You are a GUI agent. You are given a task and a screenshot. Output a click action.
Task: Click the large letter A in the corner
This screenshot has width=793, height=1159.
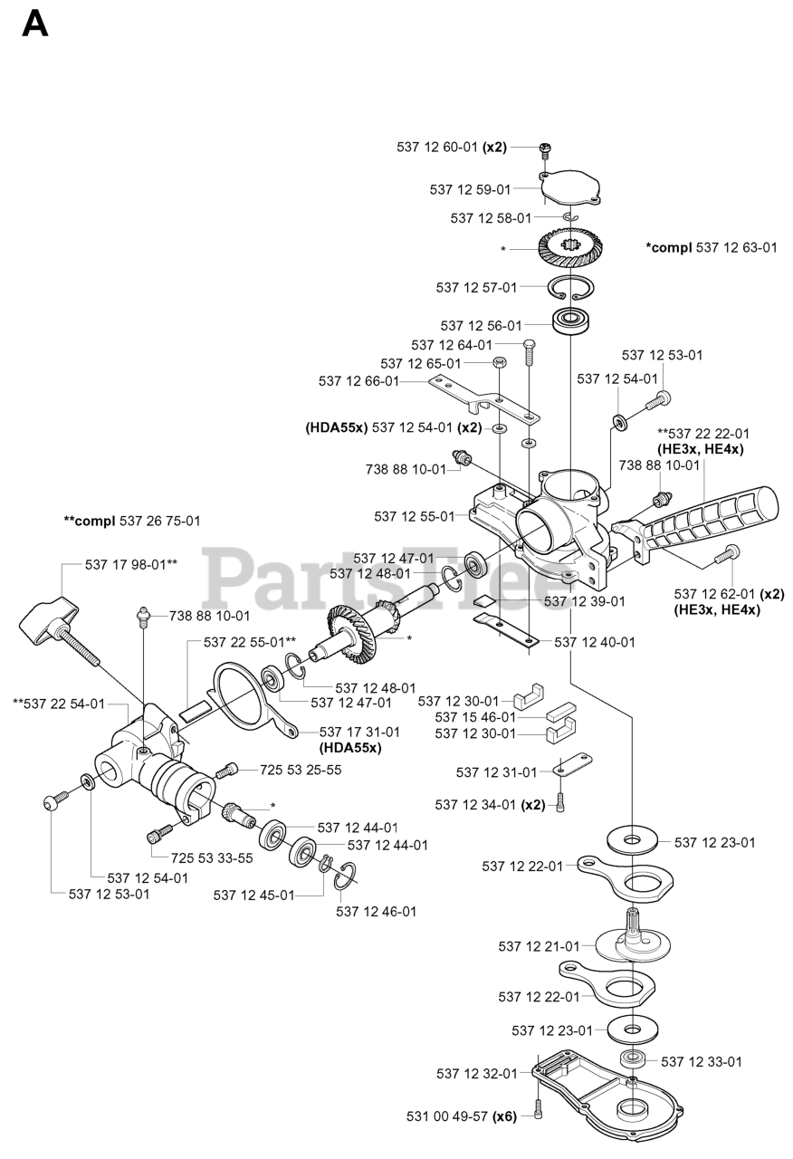(x=34, y=24)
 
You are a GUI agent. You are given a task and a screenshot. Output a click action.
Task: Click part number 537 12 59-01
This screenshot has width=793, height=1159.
(x=470, y=189)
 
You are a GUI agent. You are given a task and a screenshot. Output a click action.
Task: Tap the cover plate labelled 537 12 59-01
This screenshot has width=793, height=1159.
(x=568, y=188)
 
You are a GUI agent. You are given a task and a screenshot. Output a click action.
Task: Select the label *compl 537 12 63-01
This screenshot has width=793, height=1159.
(x=712, y=246)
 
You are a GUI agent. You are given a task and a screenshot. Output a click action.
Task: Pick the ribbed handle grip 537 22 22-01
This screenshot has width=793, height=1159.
(x=721, y=515)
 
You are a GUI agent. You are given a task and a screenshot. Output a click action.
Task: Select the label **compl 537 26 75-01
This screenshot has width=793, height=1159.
(x=132, y=521)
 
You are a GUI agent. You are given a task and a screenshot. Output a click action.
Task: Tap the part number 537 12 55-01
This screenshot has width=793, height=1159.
(x=415, y=516)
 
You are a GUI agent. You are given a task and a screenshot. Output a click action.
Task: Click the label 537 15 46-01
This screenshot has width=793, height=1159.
(x=475, y=717)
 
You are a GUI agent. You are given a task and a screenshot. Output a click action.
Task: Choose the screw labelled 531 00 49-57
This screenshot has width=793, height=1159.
(x=539, y=1111)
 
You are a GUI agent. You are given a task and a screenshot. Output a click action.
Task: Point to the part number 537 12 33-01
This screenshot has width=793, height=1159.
(x=702, y=1061)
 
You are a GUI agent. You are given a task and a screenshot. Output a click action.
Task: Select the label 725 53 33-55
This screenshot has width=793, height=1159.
(x=213, y=857)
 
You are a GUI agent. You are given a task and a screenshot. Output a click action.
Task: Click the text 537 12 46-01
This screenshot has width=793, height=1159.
(x=377, y=912)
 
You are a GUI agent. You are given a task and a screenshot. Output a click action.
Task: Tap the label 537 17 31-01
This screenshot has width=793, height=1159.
(x=360, y=732)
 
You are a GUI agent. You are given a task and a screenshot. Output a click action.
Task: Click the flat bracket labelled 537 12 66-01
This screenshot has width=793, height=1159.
(x=480, y=396)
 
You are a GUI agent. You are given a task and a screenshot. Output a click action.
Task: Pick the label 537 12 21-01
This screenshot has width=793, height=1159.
(x=539, y=946)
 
